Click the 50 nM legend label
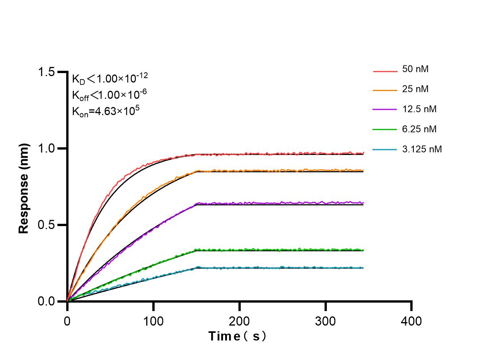(415, 69)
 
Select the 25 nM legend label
(415, 89)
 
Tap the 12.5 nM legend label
(419, 109)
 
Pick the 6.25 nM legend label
(419, 129)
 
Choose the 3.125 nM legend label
(422, 149)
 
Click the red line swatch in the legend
(385, 71)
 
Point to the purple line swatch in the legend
(385, 110)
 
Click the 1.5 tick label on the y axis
(46, 72)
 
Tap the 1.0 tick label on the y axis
(46, 148)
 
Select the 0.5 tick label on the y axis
(46, 225)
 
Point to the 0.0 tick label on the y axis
(46, 301)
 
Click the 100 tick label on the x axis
(153, 321)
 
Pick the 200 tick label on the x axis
(240, 321)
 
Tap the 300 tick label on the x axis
(326, 321)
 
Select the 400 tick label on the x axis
(411, 321)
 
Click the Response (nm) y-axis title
(24, 188)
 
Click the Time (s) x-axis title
(237, 336)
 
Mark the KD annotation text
(110, 78)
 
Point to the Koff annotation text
(109, 94)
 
